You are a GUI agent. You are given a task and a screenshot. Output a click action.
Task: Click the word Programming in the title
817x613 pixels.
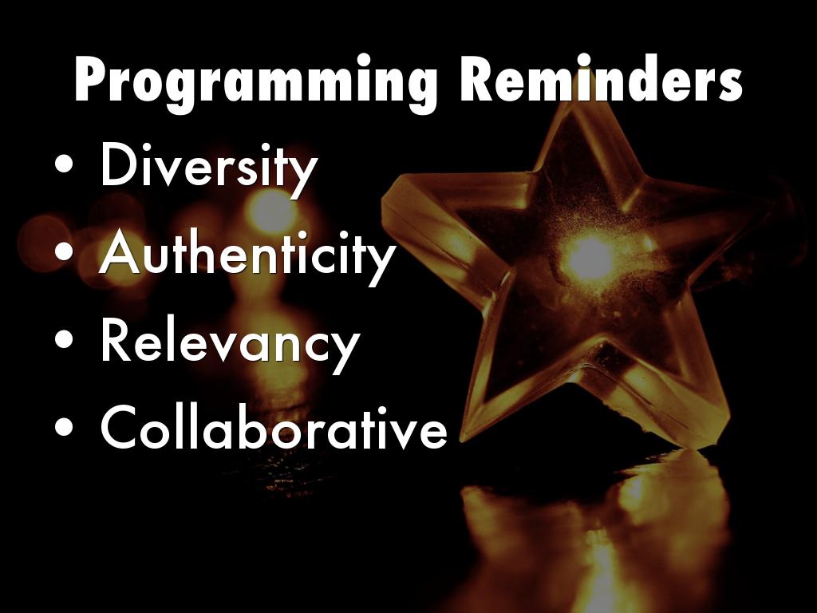click(x=256, y=83)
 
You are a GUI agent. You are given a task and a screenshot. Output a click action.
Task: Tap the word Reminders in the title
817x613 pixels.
click(x=602, y=78)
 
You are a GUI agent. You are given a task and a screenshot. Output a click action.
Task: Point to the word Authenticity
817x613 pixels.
click(x=247, y=255)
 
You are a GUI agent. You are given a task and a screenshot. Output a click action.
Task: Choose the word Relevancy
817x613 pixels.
click(x=231, y=343)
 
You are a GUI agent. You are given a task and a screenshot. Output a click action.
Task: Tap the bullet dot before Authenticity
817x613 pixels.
click(x=64, y=253)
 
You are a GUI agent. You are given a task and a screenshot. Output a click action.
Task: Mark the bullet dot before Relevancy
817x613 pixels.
click(x=64, y=340)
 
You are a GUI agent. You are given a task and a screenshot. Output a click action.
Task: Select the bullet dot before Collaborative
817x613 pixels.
click(x=64, y=426)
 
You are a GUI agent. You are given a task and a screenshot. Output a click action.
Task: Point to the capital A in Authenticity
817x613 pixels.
click(x=120, y=251)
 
